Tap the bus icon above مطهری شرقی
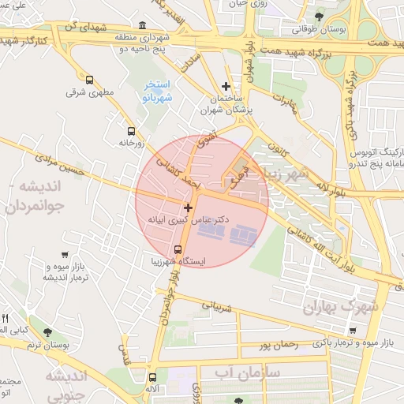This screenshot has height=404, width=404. coord(89,80)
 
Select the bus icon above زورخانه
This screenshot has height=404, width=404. coord(130,131)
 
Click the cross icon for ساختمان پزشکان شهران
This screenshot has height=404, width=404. coord(226,86)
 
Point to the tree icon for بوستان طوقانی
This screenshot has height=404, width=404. coord(319,16)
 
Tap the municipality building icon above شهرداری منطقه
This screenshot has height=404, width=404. coord(141,24)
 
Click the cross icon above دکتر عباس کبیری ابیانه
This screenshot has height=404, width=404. coord(188,208)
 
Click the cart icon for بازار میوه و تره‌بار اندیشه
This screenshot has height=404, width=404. coord(63,254)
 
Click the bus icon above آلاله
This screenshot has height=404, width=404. coord(153,378)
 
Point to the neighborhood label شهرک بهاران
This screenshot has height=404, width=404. coord(339,305)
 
